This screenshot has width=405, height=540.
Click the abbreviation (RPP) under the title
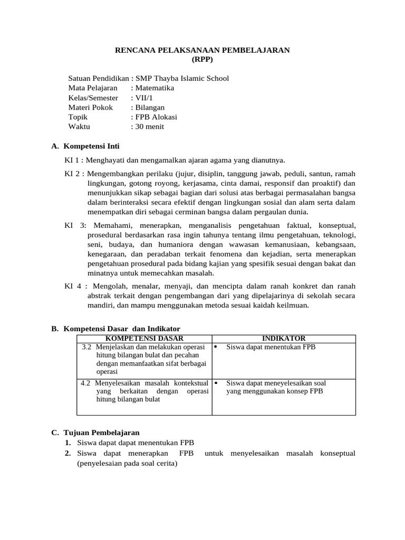pyautogui.click(x=202, y=60)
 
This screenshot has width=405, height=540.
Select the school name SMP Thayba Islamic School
pyautogui.click(x=182, y=79)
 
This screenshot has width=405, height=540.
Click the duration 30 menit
pyautogui.click(x=150, y=126)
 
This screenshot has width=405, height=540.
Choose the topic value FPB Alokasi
pyautogui.click(x=156, y=117)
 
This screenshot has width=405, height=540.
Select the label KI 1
pyautogui.click(x=72, y=160)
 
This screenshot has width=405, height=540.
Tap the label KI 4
pyautogui.click(x=72, y=286)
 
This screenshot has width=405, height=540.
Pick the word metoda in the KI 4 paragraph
pyautogui.click(x=227, y=305)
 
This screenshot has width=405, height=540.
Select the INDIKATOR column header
pyautogui.click(x=283, y=338)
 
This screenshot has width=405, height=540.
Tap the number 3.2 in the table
pyautogui.click(x=87, y=347)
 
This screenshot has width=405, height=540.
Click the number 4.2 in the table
pyautogui.click(x=85, y=383)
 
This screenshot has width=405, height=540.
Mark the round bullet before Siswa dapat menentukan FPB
pyautogui.click(x=216, y=347)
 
